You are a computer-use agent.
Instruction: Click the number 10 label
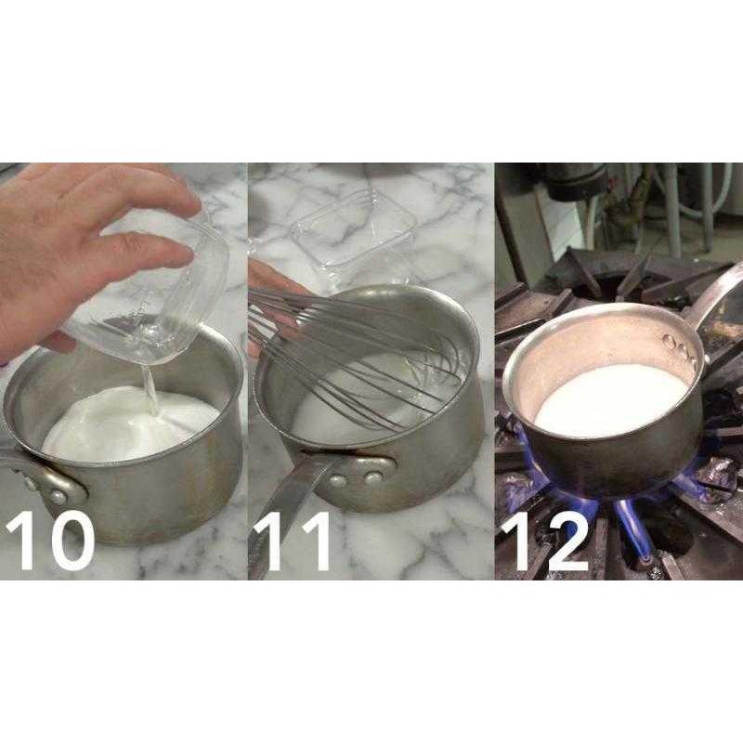tap(50, 541)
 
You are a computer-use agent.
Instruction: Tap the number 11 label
tap(293, 541)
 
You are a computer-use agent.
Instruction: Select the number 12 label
tap(545, 541)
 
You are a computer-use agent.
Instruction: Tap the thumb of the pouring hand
tap(57, 342)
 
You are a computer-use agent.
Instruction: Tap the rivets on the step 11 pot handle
tap(356, 478)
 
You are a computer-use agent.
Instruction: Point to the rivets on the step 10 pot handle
tap(45, 489)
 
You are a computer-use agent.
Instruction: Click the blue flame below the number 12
tap(631, 526)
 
